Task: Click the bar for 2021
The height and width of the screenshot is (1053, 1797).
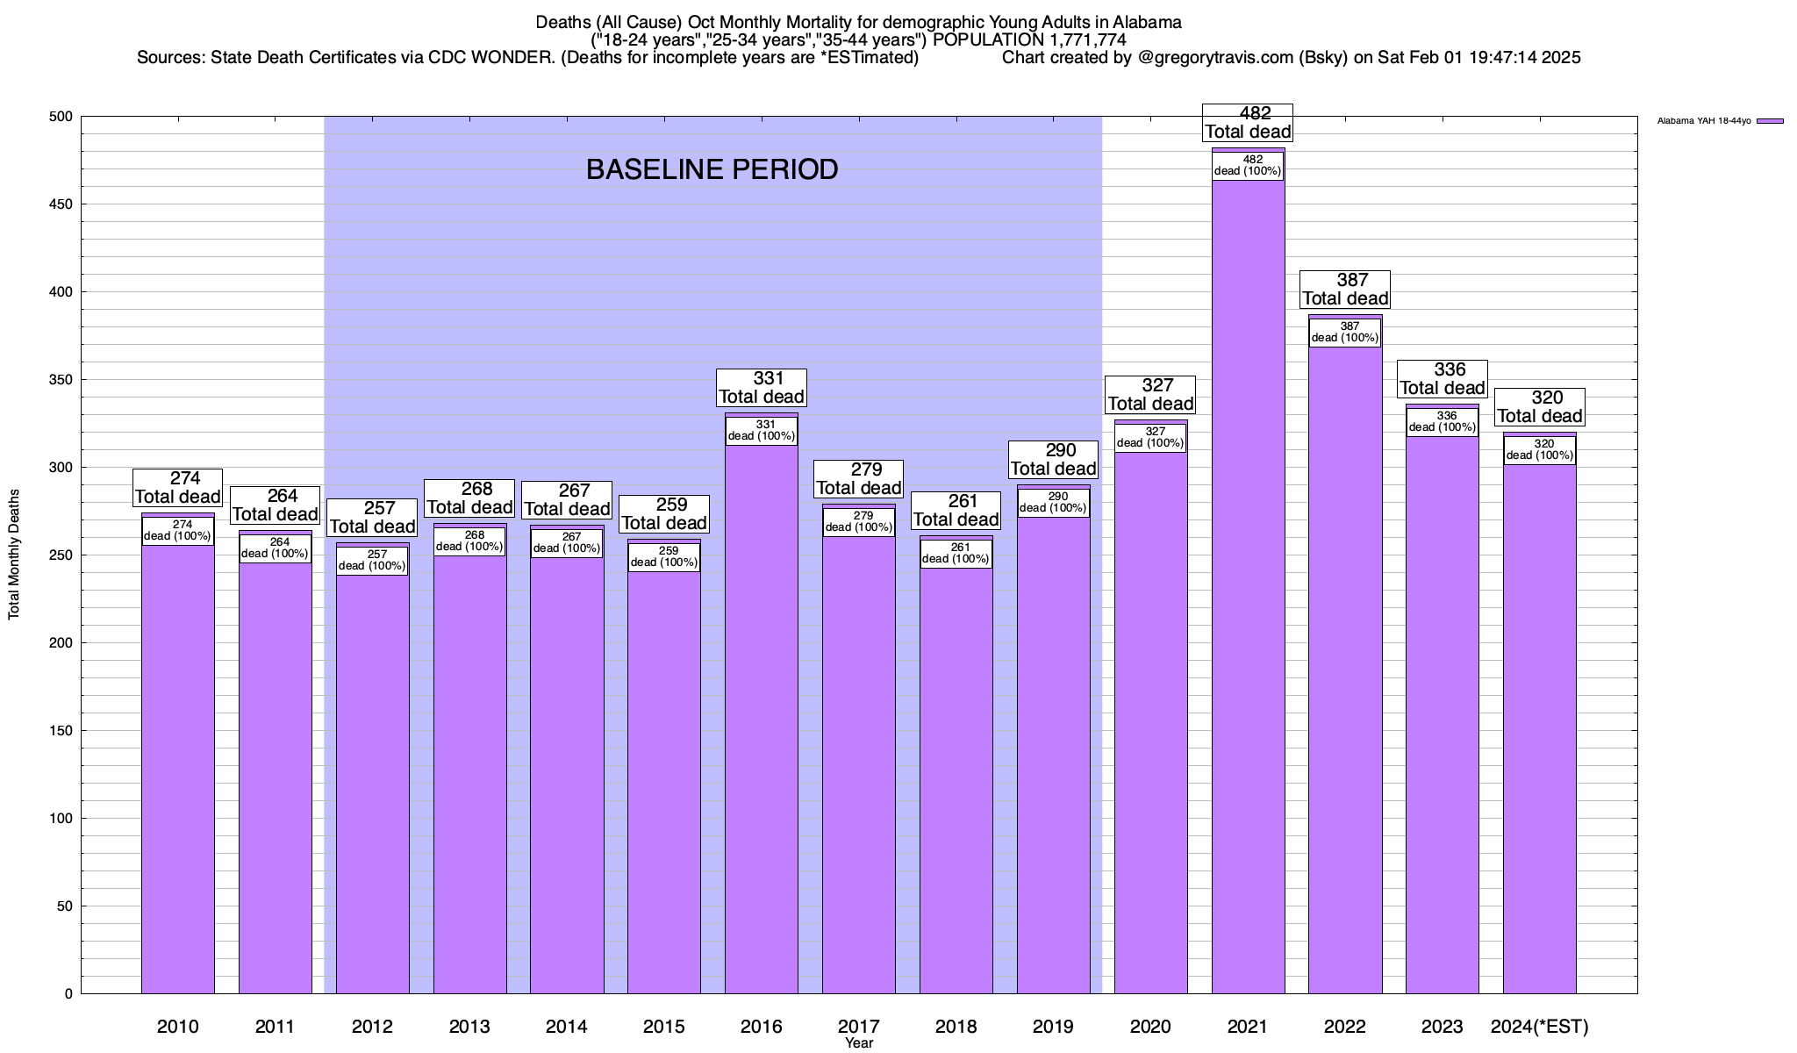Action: point(1248,614)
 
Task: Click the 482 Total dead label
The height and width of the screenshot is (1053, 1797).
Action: point(1248,123)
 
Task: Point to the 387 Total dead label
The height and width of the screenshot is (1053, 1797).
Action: point(1345,290)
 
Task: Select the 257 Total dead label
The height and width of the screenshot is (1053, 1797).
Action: point(372,518)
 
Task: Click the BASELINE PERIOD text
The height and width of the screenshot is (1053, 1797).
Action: point(712,169)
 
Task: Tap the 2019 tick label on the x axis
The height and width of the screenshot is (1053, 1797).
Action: point(1053,1026)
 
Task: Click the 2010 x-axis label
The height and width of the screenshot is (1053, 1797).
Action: point(177,1026)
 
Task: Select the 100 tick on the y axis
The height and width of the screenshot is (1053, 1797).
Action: point(62,819)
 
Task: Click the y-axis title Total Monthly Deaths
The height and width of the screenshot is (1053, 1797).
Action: point(14,555)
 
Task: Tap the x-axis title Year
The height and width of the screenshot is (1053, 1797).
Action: point(859,1043)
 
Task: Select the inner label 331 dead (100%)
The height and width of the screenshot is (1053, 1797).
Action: point(761,430)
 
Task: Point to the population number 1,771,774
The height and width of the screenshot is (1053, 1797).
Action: point(1083,39)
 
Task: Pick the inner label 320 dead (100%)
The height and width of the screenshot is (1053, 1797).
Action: point(1539,449)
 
